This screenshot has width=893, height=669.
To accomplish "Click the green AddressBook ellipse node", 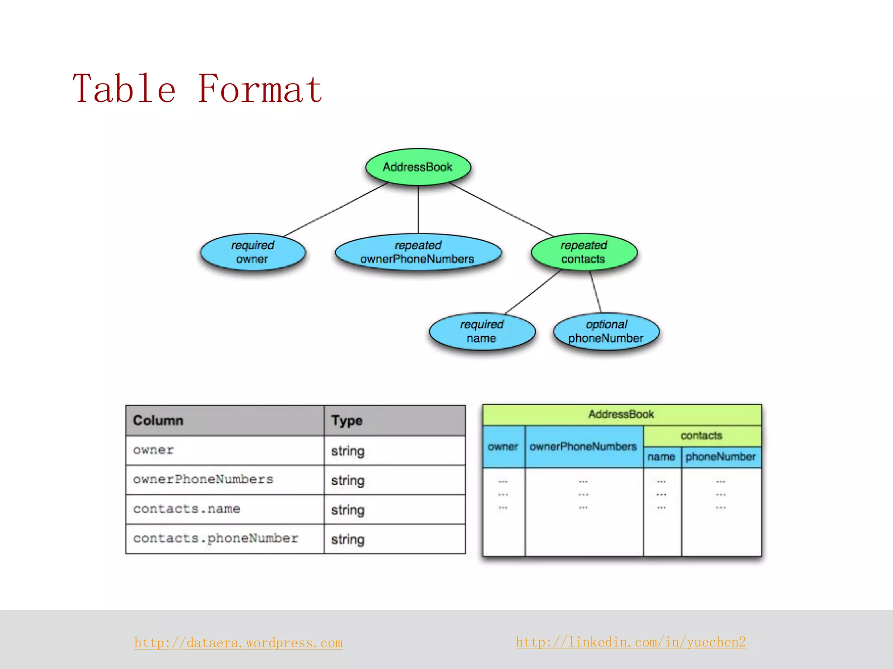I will pos(418,167).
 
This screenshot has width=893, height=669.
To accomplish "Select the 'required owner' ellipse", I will pos(252,252).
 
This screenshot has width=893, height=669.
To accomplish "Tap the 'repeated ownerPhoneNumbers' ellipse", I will pos(418,252).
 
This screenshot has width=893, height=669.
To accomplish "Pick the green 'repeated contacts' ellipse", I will pos(583,252).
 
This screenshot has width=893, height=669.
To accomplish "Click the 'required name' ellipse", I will pos(481,331).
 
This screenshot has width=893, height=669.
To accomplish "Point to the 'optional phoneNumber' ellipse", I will pos(606,331).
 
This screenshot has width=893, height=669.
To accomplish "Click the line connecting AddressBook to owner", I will pos(336,209).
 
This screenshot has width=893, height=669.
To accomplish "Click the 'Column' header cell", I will pos(225,420).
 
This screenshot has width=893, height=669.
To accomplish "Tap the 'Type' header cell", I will pos(394,420).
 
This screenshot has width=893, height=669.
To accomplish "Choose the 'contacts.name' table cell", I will pos(225,509).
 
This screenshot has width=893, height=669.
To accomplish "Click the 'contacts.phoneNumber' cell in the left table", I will pos(225,539).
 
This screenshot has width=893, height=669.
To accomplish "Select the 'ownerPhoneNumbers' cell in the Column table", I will pos(225,480).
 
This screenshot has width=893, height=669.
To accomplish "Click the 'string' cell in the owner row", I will pos(394,451).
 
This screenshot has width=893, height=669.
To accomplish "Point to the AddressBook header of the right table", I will pos(621,414).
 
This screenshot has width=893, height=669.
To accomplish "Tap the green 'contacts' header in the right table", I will pos(702,436).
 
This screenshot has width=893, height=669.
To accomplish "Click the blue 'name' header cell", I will pos(661,457).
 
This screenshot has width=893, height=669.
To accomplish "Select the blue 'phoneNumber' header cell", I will pos(721,457).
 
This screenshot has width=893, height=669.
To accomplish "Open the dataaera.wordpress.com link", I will pos(239,643).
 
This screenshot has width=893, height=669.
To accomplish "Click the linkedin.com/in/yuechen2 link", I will pos(631,642).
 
